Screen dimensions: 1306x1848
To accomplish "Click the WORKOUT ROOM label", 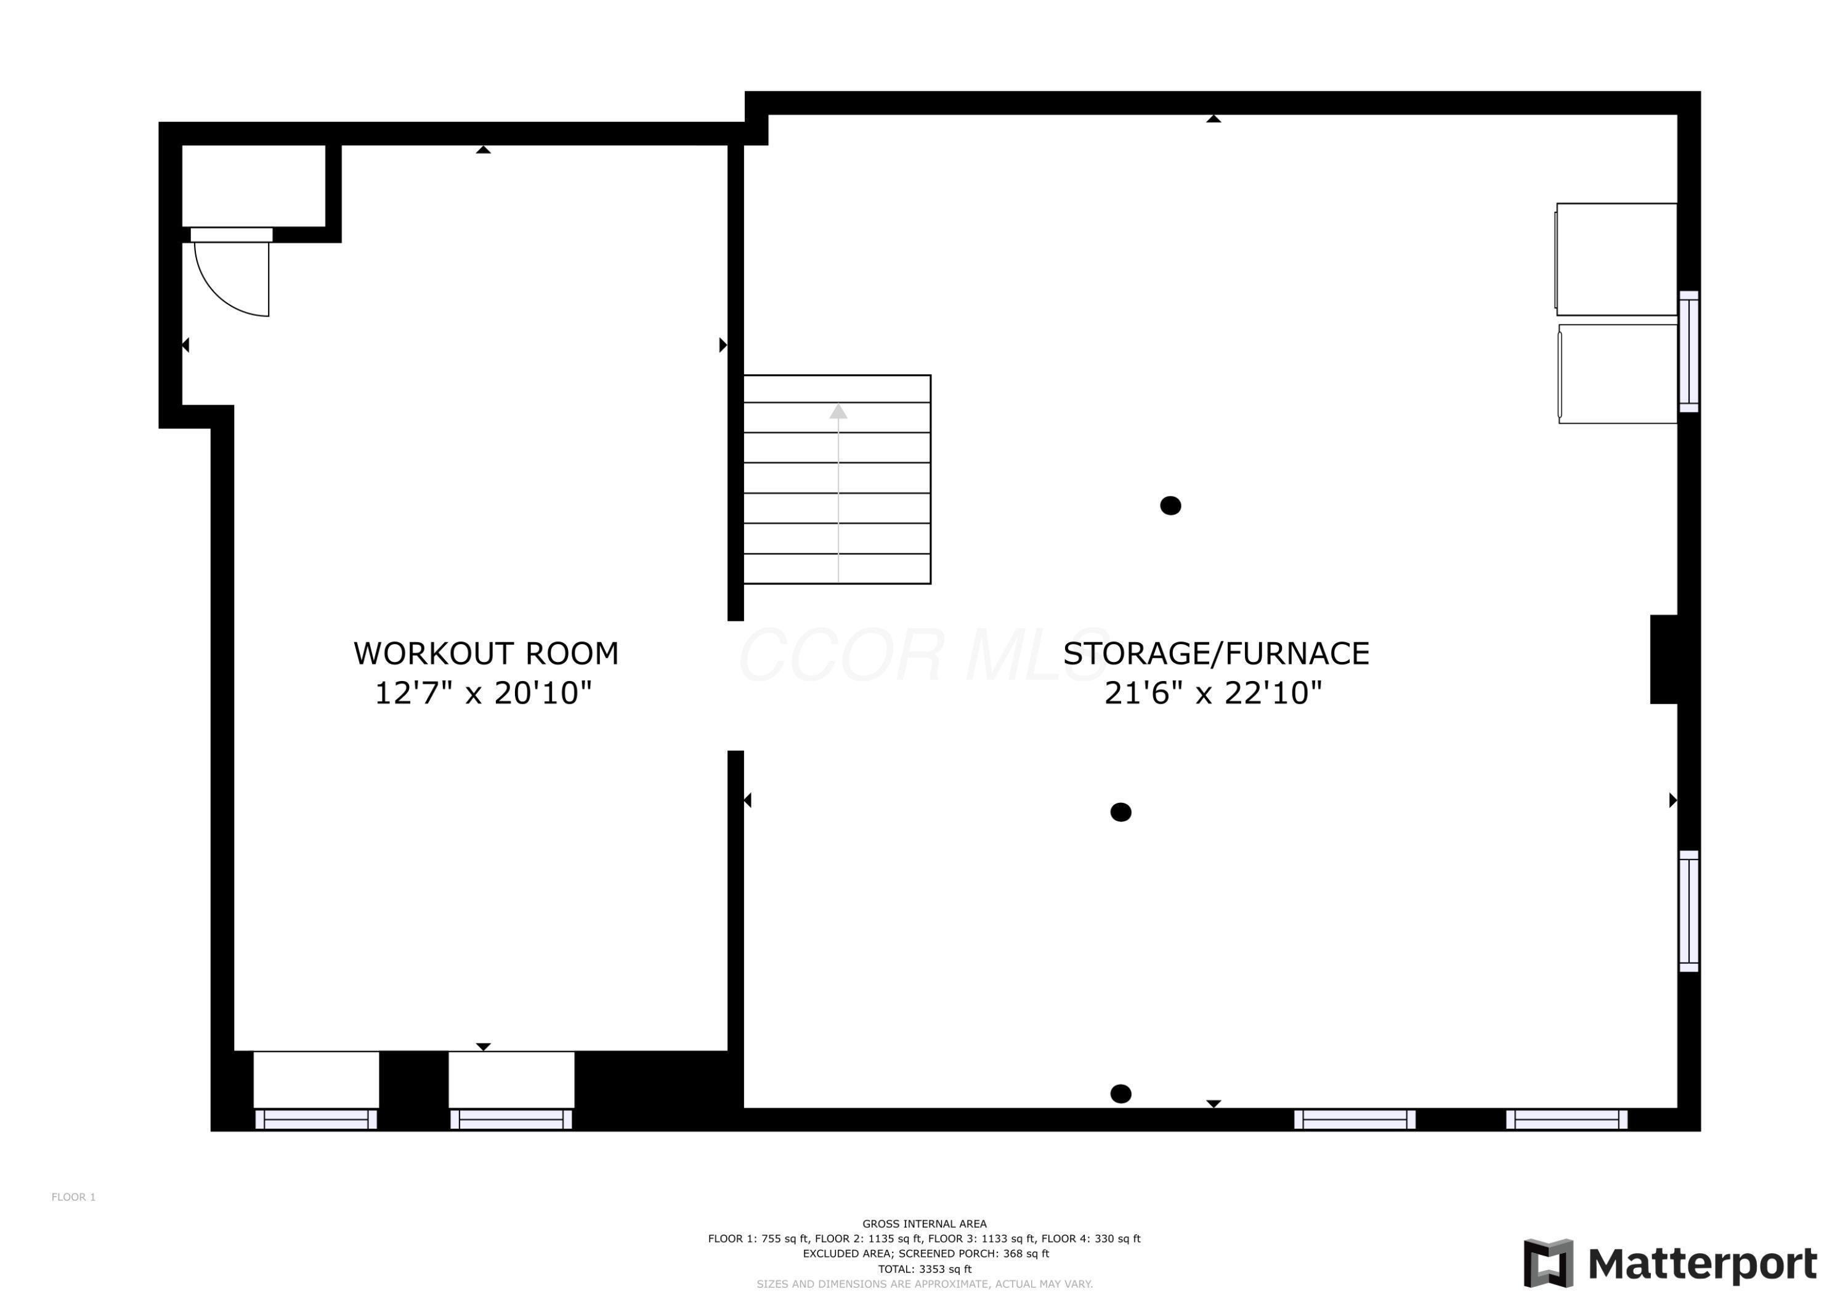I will [485, 653].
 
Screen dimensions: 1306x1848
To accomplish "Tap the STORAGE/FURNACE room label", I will [1215, 653].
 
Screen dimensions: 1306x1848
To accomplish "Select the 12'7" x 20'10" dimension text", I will [483, 693].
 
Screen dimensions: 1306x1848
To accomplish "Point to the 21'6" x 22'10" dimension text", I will [1213, 693].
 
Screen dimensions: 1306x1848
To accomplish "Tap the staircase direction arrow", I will [838, 412].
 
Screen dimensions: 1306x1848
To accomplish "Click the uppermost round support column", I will [1170, 506].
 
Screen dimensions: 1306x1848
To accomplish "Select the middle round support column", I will [1121, 812].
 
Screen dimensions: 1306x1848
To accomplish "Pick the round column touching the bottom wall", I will [1121, 1094].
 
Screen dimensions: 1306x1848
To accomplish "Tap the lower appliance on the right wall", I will [1617, 374].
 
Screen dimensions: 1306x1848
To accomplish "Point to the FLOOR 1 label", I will [73, 1196].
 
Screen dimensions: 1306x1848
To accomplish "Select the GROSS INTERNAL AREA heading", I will [924, 1223].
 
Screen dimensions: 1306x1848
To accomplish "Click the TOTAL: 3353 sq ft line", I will [924, 1269].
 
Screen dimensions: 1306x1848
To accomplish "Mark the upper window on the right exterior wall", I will [1688, 352].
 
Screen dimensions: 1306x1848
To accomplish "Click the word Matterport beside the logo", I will [1703, 1264].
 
